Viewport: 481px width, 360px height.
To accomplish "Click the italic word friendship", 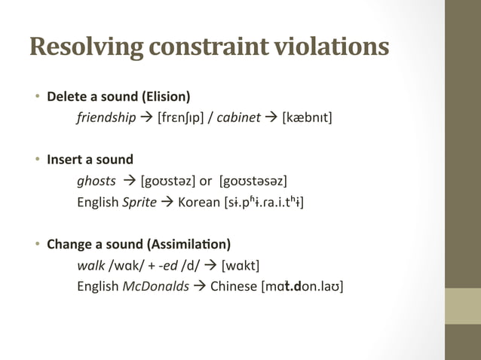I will [106, 117].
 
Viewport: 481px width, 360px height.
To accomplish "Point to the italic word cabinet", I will [239, 117].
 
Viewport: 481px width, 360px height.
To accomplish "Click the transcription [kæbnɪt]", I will [307, 117].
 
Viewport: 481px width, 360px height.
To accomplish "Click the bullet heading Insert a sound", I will [90, 160].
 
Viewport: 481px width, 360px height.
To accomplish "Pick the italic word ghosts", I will [97, 181].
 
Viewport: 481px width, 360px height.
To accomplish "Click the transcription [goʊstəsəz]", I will [253, 181].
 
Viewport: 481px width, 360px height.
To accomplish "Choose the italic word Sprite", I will [139, 202].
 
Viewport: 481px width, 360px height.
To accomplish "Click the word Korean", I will [199, 202].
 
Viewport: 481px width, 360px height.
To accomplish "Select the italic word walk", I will [90, 265].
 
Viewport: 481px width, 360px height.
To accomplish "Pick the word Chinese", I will [233, 286].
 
